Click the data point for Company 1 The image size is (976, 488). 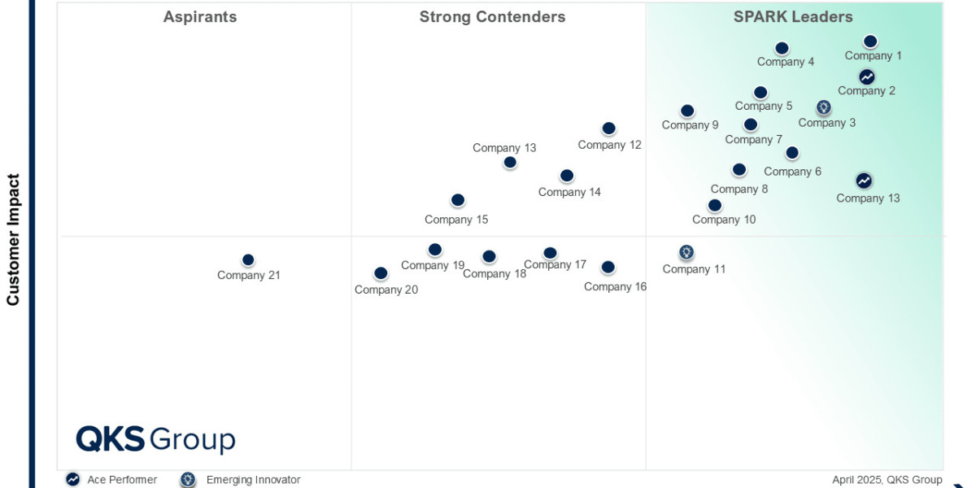(x=870, y=41)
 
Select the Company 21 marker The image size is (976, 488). (x=248, y=260)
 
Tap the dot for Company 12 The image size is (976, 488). (x=608, y=129)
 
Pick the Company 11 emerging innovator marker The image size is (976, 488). (x=686, y=252)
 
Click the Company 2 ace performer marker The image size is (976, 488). (x=867, y=76)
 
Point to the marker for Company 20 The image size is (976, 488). (x=381, y=273)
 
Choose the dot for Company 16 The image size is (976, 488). (x=608, y=267)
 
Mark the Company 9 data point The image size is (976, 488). (x=687, y=111)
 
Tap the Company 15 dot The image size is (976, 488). (x=458, y=200)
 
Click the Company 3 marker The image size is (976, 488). (x=823, y=107)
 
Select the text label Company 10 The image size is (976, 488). (x=724, y=220)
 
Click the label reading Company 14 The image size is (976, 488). (x=569, y=193)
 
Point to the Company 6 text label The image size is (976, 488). (x=792, y=172)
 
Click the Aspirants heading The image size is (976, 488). (x=200, y=17)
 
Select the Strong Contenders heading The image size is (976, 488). (x=492, y=17)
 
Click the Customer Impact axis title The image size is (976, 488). (x=13, y=239)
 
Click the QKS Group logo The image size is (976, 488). (x=155, y=440)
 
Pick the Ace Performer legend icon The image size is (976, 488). (x=73, y=480)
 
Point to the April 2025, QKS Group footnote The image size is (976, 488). (x=887, y=480)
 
